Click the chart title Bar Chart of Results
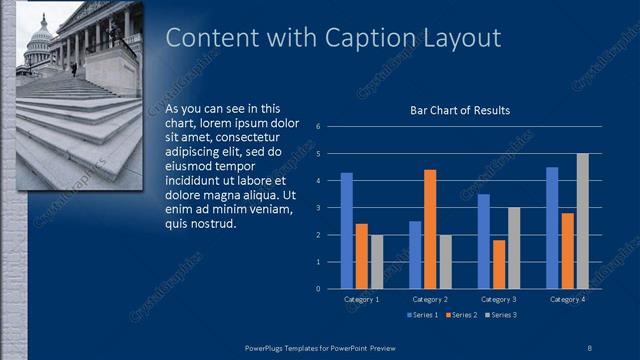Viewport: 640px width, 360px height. (460, 110)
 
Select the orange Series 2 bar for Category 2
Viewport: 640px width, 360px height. (430, 229)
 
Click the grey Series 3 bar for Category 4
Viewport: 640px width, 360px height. (582, 221)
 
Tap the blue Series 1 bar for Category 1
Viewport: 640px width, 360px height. (347, 230)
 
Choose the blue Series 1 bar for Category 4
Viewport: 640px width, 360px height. (552, 228)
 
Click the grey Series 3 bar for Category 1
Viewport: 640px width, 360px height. (376, 262)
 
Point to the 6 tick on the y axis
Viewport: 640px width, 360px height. (317, 127)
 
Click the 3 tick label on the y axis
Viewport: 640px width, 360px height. (317, 208)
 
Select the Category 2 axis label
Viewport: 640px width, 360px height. (430, 299)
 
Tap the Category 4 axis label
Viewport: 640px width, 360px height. (567, 299)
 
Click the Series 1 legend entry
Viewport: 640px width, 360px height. (425, 315)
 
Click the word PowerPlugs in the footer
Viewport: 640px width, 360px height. (268, 346)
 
